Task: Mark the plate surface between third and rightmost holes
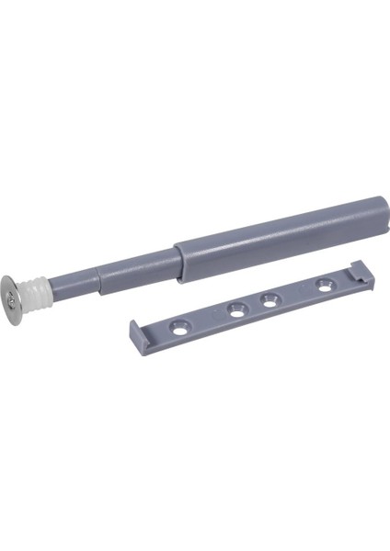point(297,292)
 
